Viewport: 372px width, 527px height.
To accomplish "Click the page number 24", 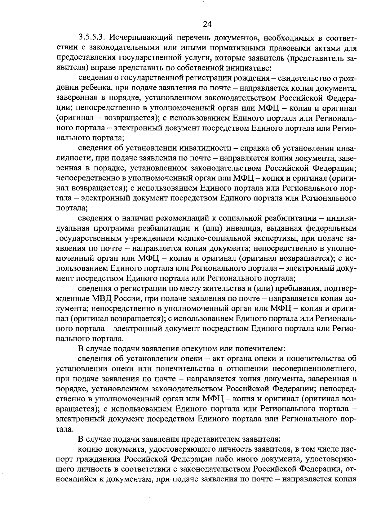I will [207, 24].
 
